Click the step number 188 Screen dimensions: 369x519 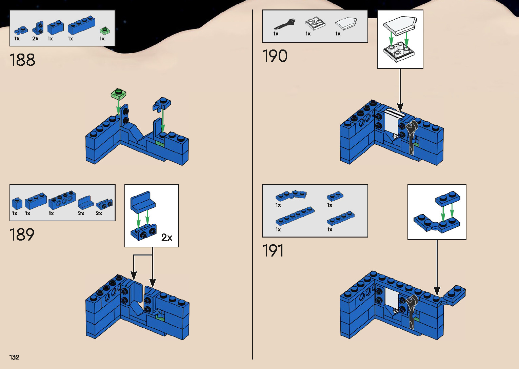point(22,60)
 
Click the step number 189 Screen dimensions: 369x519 point(22,235)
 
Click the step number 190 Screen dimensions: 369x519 point(275,56)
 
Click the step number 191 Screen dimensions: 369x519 point(273,251)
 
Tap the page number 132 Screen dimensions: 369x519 point(14,357)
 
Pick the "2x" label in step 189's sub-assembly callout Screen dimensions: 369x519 point(167,238)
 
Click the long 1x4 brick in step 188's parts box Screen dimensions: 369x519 point(81,25)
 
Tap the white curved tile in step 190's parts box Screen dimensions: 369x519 point(346,23)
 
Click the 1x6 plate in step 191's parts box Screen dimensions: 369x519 point(295,216)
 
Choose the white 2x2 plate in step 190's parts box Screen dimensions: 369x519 point(315,24)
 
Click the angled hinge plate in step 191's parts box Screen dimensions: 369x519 point(291,195)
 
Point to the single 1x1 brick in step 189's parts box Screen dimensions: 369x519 point(17,203)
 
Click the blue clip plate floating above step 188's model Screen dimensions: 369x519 point(162,103)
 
